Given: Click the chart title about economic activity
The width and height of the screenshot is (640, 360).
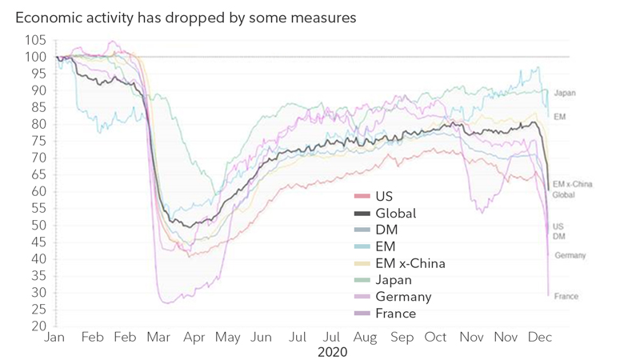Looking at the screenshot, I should coord(186,17).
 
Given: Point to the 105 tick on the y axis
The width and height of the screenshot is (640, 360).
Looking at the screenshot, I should coord(36,41).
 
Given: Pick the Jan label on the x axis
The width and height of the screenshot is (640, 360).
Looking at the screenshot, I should coord(54,338).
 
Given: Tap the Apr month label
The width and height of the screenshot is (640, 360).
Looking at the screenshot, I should coord(194,338).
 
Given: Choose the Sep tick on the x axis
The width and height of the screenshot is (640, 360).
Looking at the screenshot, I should coord(402,338).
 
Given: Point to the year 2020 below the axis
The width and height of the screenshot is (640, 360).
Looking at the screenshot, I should coord(332,351).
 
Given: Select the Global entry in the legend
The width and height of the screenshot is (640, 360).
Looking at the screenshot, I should coord(395,214).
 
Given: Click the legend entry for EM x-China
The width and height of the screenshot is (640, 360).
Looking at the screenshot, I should coord(410,264).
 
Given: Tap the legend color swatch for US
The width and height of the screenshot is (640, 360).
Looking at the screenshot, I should coord(362,197).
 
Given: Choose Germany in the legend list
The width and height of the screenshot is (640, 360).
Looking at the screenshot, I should coord(402,297).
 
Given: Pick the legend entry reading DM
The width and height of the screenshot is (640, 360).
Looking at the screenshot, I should coord(386,230).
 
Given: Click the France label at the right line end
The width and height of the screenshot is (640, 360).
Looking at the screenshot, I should coord(566,297).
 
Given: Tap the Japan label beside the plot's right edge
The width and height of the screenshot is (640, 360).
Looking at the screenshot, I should coord(564,94).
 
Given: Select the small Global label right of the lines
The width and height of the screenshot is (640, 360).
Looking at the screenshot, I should coord(563,195).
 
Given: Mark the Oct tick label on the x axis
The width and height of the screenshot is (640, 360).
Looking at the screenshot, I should coord(436,338).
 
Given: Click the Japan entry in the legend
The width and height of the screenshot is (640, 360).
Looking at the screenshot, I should coord(393,281).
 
